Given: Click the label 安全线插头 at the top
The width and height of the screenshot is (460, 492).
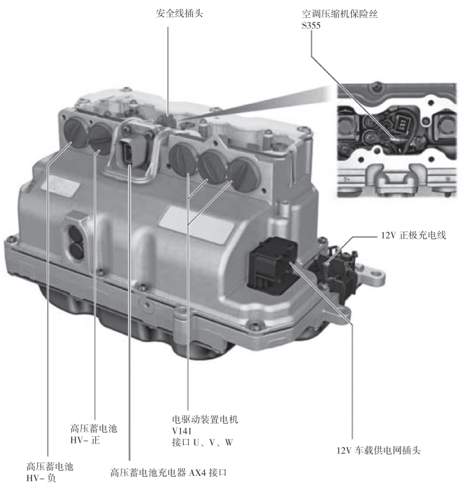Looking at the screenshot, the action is coord(179,13).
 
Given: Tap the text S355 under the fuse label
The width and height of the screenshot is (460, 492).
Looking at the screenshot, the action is coord(311,26).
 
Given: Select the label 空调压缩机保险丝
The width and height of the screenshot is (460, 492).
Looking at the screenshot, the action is coord(340,14).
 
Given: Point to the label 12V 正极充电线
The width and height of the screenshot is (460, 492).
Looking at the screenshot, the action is coord(413,235).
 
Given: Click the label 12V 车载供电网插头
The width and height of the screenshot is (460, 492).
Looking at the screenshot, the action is coord(378,450).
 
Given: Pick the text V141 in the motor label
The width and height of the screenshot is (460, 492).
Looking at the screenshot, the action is coord(181,431).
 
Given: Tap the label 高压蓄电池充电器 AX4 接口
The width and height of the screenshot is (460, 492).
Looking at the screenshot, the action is coord(168,472).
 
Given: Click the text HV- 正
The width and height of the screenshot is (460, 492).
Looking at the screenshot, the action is coord(85,440).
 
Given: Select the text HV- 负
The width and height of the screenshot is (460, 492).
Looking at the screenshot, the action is coord(41,478).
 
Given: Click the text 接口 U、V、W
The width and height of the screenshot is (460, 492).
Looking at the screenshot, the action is coord(202,443).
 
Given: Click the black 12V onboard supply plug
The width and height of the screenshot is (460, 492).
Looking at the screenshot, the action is coord(273,262).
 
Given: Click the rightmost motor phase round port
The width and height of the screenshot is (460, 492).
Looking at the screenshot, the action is coord(244,175).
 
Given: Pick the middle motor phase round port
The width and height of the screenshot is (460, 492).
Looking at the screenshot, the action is coord(214,166).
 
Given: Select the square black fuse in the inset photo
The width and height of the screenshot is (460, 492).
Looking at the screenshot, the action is coord(402,123).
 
